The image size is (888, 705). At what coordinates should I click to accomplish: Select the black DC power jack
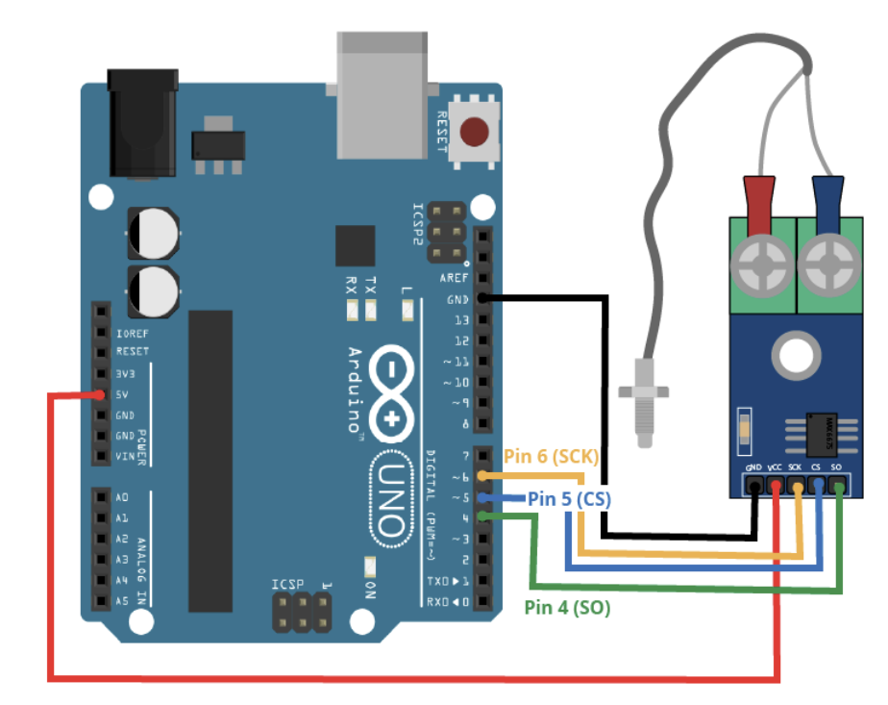[142, 122]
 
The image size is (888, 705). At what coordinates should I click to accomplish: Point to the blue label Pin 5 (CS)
[569, 499]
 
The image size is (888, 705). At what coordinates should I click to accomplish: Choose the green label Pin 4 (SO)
[567, 607]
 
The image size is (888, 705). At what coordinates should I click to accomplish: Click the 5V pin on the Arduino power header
[100, 394]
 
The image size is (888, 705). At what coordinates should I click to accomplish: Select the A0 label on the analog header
[121, 497]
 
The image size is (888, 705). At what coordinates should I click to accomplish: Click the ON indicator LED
[368, 567]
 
